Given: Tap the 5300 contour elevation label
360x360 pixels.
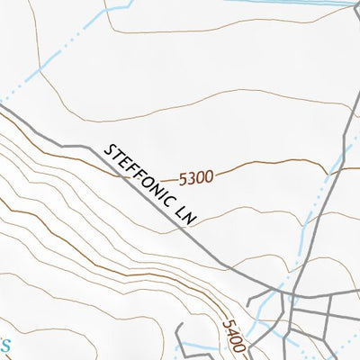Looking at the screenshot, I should pos(196,177).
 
